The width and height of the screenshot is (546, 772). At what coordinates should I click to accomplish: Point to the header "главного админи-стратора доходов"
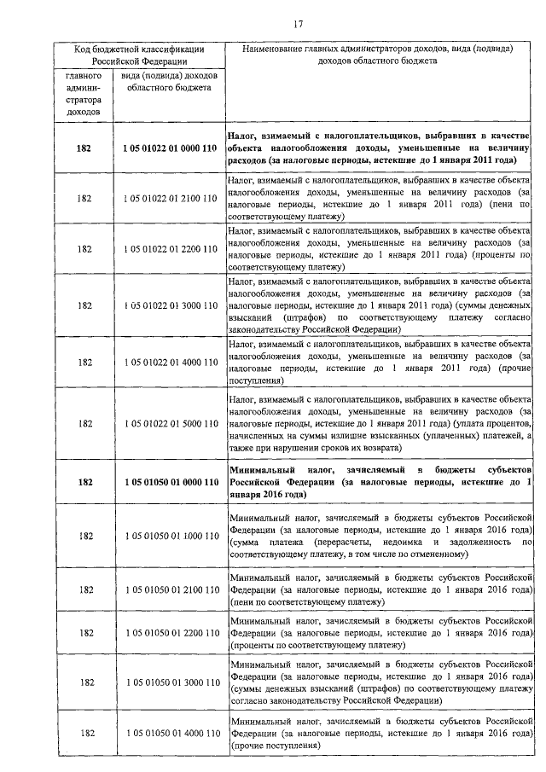tap(84, 93)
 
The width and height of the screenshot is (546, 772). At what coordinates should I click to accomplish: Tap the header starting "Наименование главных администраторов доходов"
tap(382, 55)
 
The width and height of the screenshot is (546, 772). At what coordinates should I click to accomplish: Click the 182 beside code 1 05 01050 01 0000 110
tap(84, 482)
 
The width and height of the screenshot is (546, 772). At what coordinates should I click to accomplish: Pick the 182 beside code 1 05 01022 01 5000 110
tap(84, 423)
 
